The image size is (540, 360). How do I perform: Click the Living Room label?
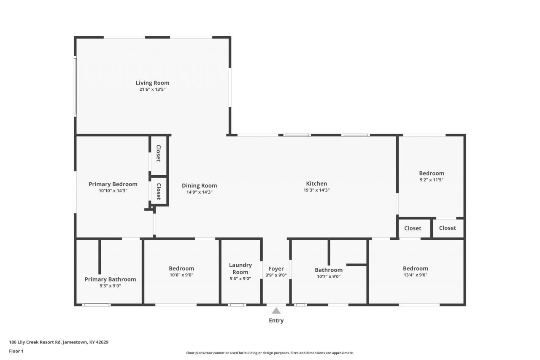point(152,83)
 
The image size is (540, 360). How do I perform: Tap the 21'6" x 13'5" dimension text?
point(152,89)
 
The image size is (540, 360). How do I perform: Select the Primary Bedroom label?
point(113,184)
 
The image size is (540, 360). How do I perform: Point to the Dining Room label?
point(200,186)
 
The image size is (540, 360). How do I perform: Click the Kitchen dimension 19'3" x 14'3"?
point(316,190)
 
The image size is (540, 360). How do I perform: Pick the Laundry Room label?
point(240,268)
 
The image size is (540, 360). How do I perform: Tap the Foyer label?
point(276,268)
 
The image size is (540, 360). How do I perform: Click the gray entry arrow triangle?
point(276,311)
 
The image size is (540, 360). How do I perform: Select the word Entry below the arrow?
point(276,320)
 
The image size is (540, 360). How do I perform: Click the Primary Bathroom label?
point(110,279)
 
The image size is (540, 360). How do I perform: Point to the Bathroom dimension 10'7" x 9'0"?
point(329,276)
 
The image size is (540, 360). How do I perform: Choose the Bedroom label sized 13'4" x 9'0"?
point(416,268)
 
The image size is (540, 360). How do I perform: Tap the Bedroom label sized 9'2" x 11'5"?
point(432,173)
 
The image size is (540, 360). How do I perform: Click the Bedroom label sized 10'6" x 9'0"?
point(181,268)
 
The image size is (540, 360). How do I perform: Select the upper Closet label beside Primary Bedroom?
point(158,153)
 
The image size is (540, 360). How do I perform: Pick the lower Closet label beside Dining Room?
point(158,192)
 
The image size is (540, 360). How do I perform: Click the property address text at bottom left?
point(59,342)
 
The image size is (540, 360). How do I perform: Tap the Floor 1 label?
point(16,351)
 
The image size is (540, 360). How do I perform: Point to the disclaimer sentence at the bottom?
point(270,353)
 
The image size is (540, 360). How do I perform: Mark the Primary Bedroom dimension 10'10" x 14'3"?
point(113,191)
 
